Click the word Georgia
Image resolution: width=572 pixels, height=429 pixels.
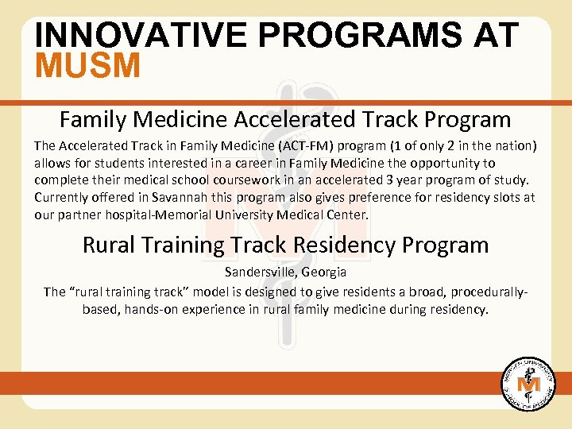coord(324,272)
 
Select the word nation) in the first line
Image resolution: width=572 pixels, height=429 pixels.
coord(516,146)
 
